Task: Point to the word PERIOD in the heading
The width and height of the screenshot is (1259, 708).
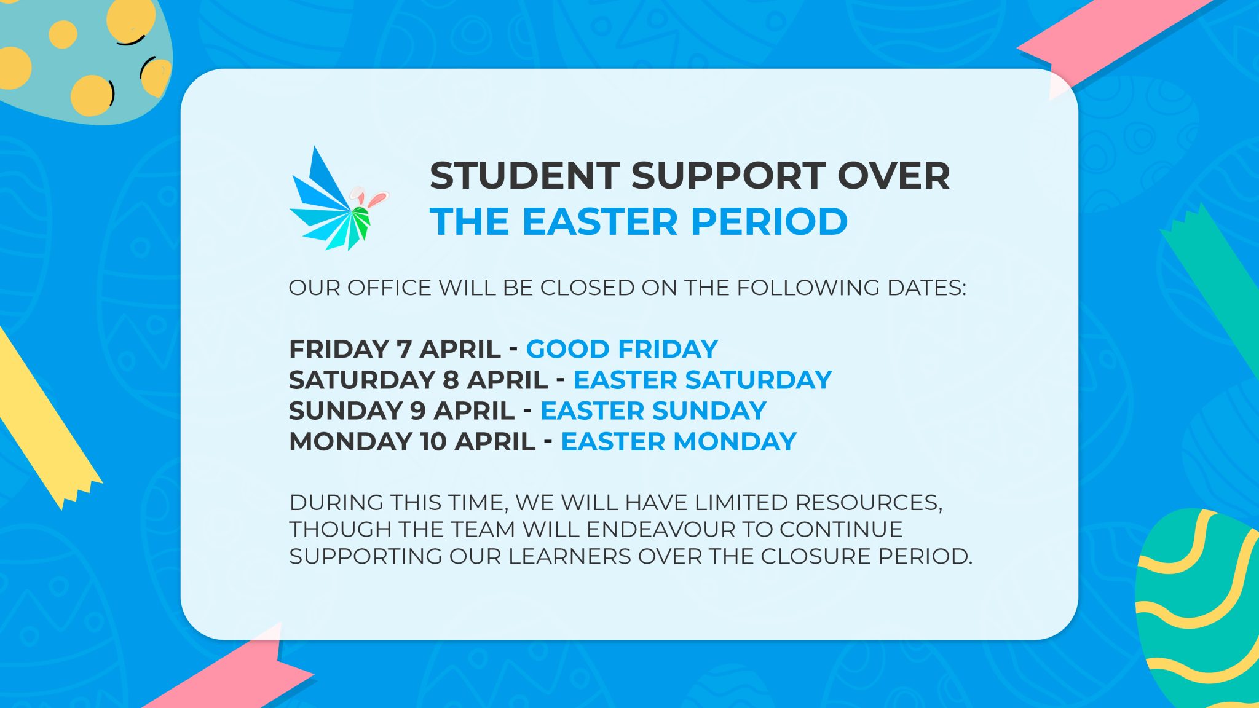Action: point(770,221)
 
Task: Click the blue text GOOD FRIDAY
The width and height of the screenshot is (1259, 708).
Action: point(622,349)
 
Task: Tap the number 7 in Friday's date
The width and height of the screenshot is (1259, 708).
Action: point(404,349)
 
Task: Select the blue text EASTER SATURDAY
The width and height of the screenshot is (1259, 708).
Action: point(703,380)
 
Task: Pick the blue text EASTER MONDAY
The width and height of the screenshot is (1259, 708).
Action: point(679,442)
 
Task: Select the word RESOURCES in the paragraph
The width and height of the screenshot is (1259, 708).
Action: point(869,503)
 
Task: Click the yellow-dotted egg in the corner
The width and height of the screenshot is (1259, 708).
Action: point(83,58)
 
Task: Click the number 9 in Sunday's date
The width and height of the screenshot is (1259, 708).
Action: point(418,411)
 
